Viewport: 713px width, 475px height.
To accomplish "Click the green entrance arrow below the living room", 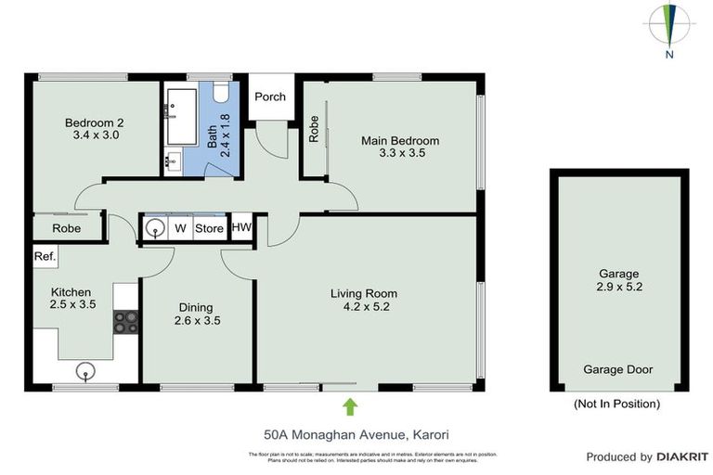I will tap(350, 406).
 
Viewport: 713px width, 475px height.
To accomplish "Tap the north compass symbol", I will tap(668, 25).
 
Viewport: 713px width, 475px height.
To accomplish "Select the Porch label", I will tap(270, 96).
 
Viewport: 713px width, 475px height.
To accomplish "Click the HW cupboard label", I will tap(241, 227).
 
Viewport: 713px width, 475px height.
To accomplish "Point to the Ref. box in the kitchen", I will tap(44, 256).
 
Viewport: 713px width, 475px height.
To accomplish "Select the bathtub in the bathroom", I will tap(182, 118).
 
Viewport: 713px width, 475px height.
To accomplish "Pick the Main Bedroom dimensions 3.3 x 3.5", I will tap(400, 154).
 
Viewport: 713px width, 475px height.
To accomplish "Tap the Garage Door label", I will tap(617, 369).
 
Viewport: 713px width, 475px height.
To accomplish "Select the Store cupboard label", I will tap(210, 227).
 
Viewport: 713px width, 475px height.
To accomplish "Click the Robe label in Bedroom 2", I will tap(66, 228).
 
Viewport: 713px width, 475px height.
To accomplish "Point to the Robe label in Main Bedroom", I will tap(314, 129).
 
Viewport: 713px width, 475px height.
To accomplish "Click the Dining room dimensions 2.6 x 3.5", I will tap(196, 321).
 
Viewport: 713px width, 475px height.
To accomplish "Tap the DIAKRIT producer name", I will tap(683, 456).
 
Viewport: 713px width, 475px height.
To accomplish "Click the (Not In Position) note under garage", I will tap(617, 404).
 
